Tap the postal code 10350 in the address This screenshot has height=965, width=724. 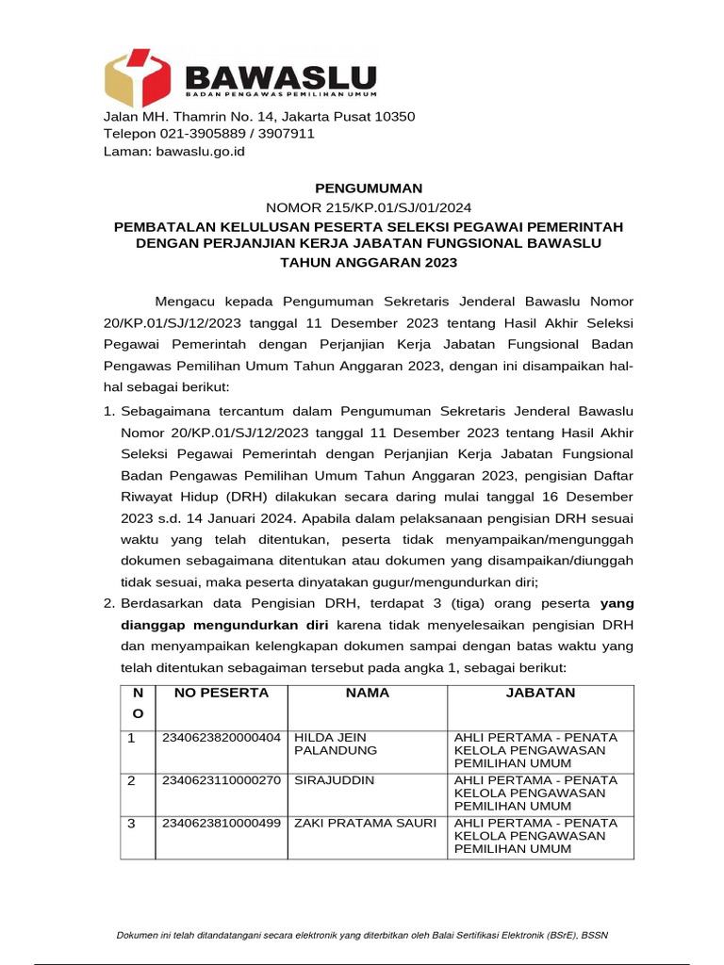click(x=388, y=116)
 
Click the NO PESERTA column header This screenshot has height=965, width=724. click(x=215, y=693)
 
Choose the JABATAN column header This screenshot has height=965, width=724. click(x=541, y=693)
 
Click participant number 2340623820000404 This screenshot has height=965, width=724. click(x=222, y=737)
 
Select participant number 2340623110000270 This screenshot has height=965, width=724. click(x=222, y=780)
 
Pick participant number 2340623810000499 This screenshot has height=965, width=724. click(x=222, y=823)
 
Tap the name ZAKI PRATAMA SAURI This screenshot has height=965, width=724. click(x=365, y=823)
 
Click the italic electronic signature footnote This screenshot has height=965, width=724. click(x=362, y=935)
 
